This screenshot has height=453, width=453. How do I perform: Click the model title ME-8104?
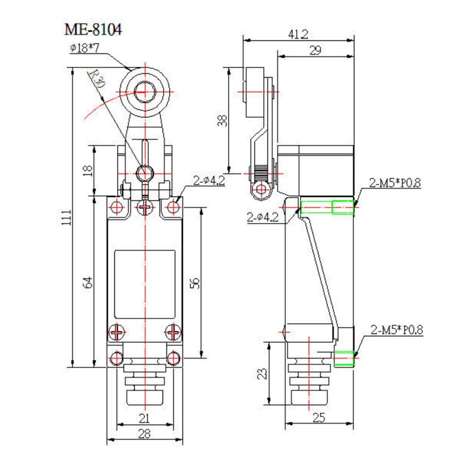pos(93,29)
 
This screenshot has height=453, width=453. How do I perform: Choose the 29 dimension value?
pos(315,50)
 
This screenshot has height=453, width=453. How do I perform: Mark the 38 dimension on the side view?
pos(223,120)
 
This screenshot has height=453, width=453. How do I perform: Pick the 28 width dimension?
pos(145,434)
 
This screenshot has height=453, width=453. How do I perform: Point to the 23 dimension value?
pos(262,374)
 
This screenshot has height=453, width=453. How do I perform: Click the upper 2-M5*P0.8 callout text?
pos(396,182)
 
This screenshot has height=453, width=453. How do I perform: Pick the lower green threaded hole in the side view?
pos(345,358)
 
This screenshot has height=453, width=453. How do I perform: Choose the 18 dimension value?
pos(87,170)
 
